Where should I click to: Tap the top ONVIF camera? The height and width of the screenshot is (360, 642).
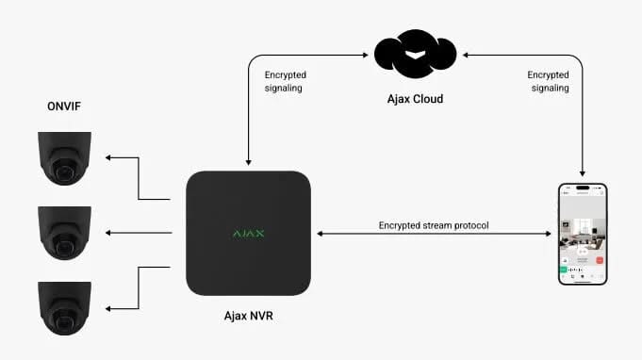coord(65,158)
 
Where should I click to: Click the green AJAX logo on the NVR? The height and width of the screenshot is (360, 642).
coord(249,232)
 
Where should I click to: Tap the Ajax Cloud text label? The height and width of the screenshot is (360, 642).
coord(415,98)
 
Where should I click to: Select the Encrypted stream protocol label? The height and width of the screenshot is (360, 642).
coord(433,225)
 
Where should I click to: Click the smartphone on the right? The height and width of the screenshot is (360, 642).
coord(582,232)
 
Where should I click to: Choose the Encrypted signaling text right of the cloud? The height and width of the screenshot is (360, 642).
coord(549,81)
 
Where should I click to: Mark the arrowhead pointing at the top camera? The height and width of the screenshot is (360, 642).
coord(109,158)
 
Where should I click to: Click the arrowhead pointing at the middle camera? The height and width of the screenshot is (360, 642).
coord(109,233)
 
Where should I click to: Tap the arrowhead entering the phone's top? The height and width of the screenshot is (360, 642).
coord(582,174)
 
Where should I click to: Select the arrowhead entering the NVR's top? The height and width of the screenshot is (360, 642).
coord(248,163)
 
